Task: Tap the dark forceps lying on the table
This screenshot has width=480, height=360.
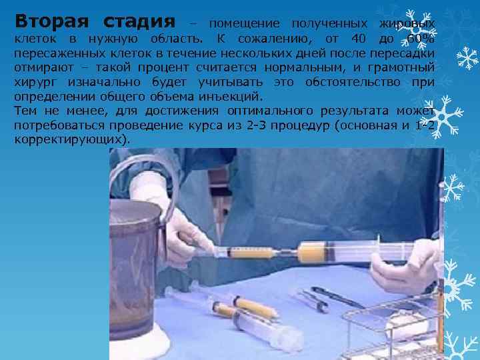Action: pos(337,296)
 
